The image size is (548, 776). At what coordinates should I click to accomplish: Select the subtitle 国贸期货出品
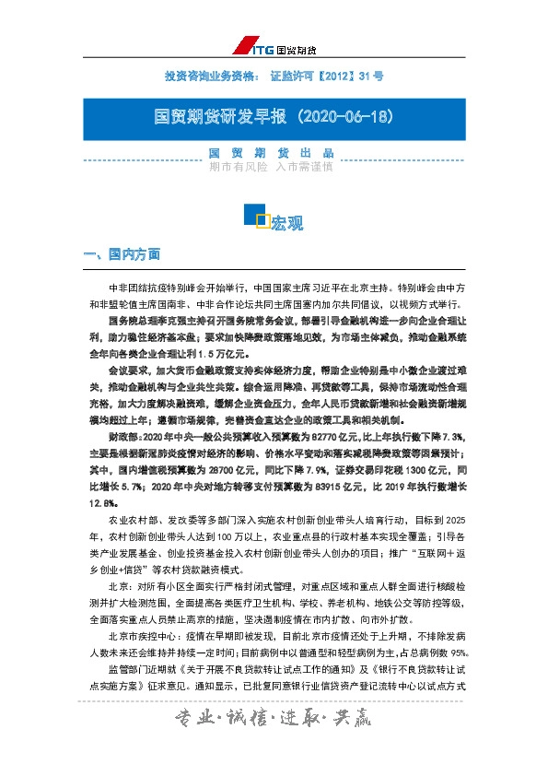271,153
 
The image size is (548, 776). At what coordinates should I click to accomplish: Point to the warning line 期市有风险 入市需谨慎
271,167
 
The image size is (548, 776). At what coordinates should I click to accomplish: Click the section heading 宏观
286,223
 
